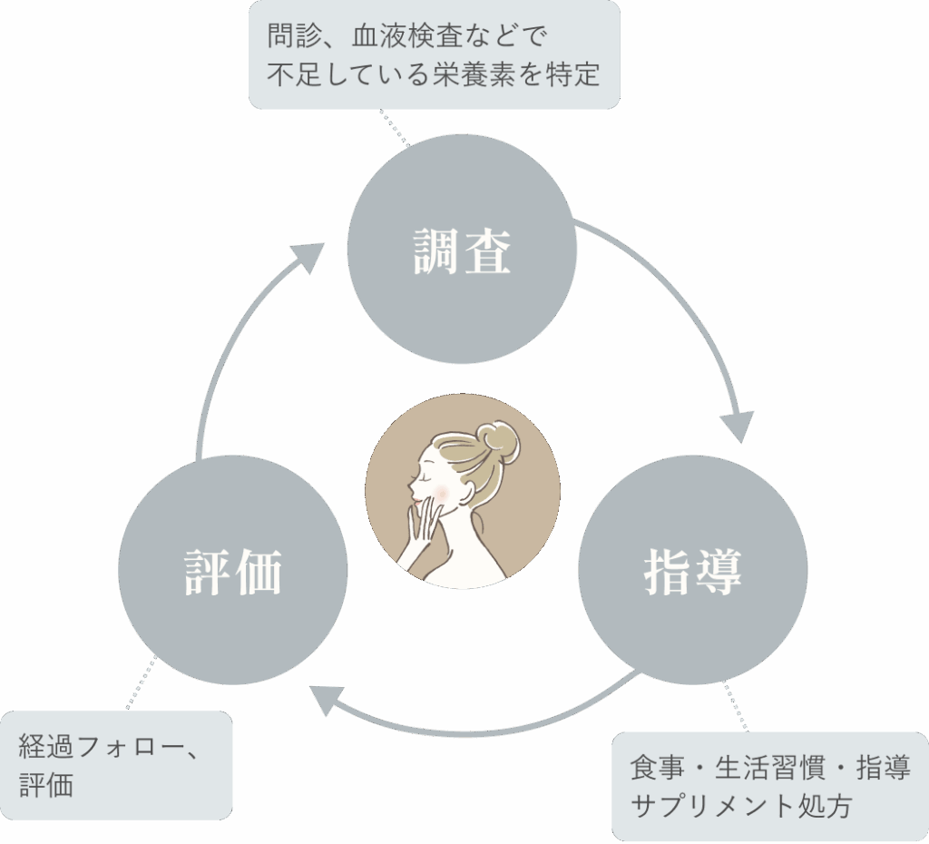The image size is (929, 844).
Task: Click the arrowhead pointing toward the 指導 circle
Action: coord(737,425)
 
